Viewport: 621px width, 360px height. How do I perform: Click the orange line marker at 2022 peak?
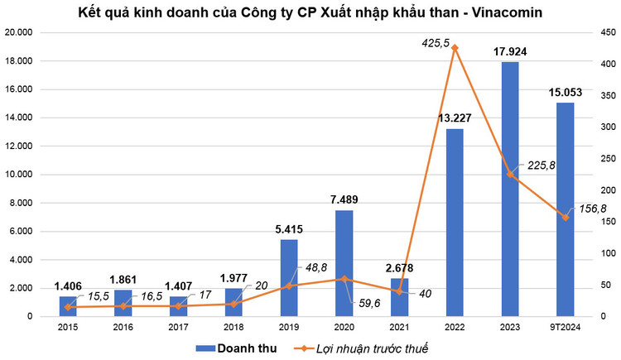455,48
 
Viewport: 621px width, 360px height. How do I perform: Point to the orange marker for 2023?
510,175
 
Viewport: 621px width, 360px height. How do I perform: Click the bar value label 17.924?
510,51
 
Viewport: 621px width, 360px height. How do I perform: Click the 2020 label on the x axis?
344,327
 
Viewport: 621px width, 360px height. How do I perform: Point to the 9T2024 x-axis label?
566,327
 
